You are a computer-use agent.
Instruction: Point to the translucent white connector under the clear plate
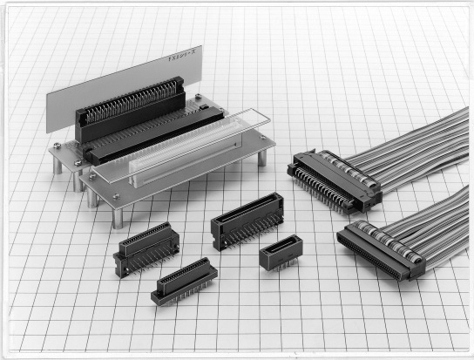pyautogui.click(x=174, y=161)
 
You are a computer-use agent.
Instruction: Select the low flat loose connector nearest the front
pyautogui.click(x=184, y=281)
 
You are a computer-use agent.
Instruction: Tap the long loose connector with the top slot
pyautogui.click(x=247, y=219)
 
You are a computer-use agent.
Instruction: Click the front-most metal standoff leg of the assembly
pyautogui.click(x=117, y=216)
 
